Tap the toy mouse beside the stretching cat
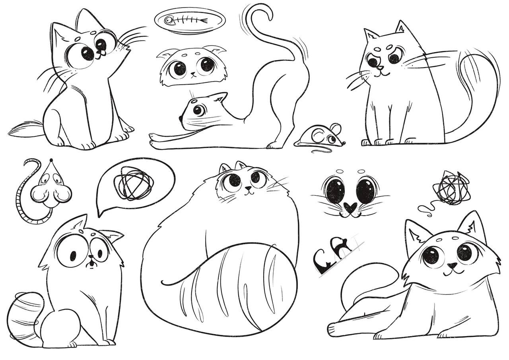click(321, 136)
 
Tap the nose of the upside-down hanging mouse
click(52, 160)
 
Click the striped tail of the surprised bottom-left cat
click(25, 316)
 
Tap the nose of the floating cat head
click(193, 74)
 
